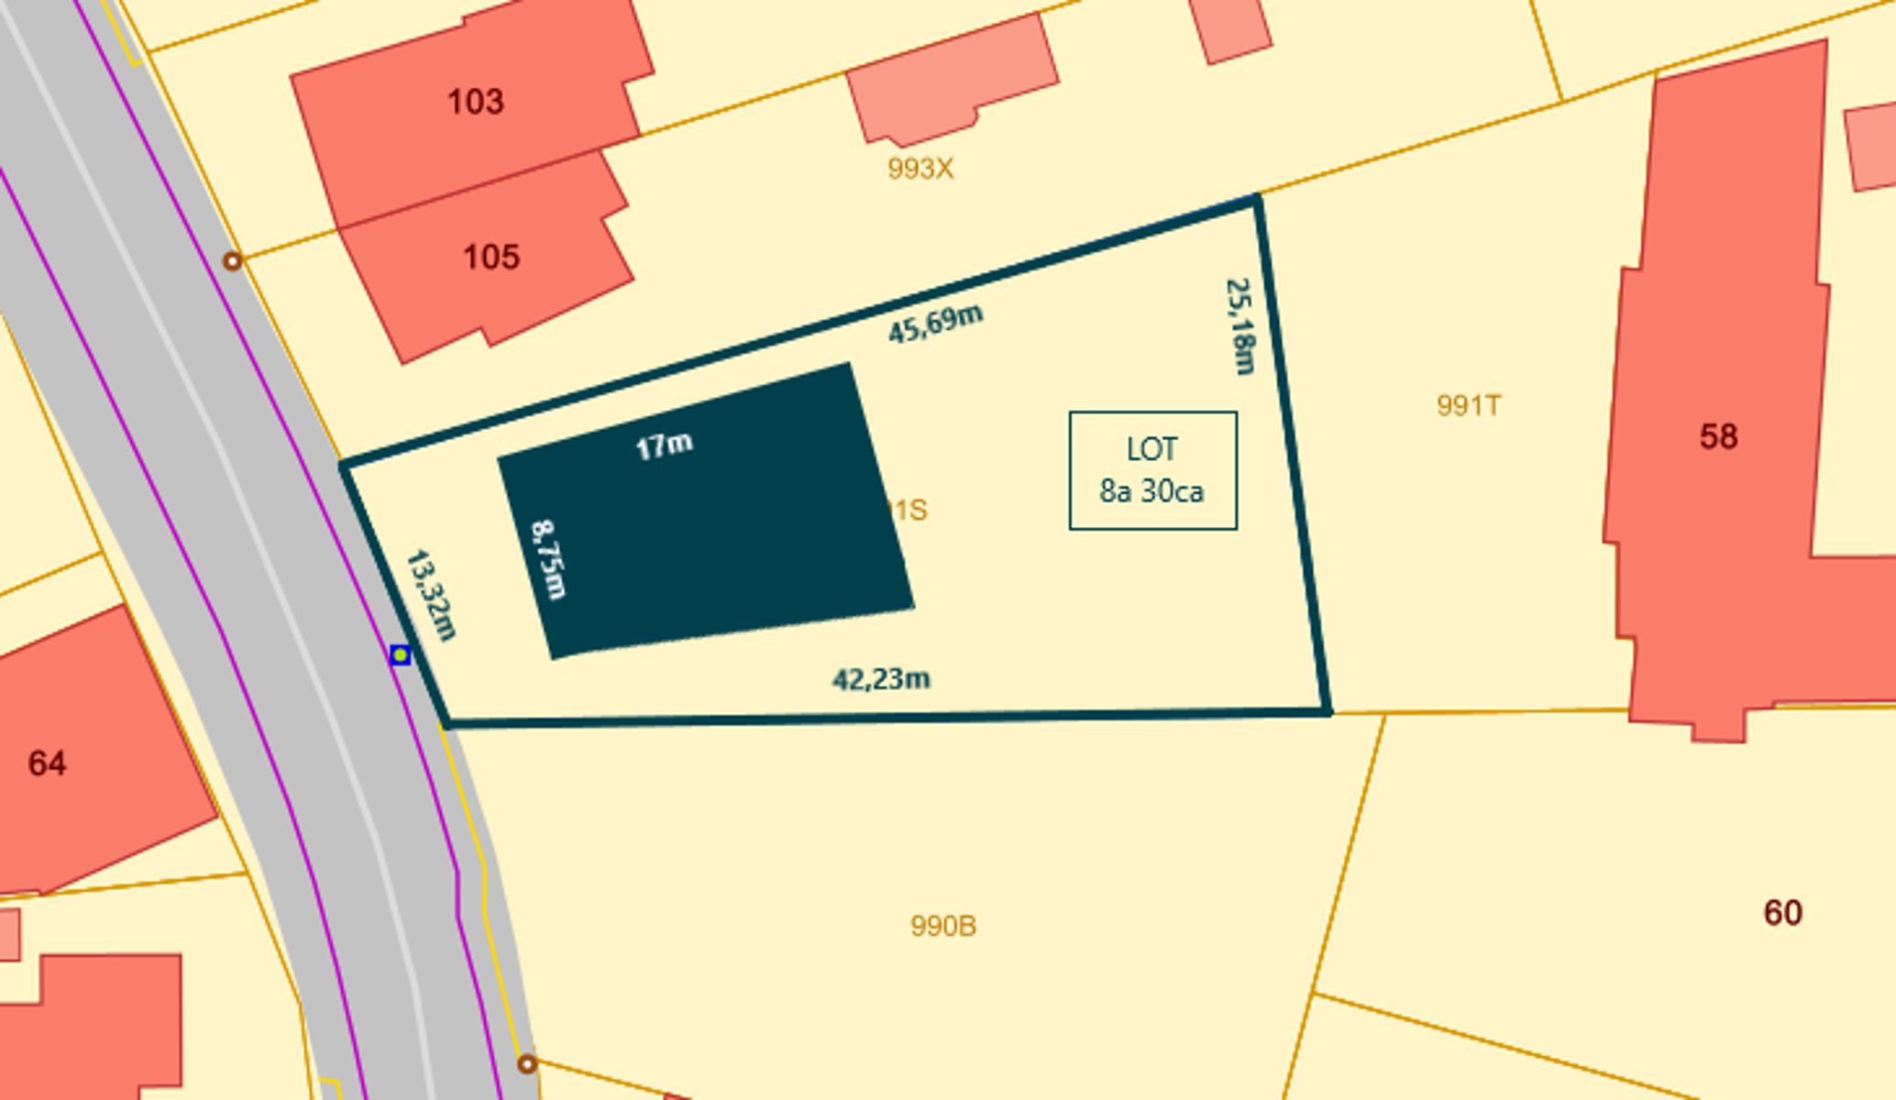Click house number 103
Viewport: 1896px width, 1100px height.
click(475, 101)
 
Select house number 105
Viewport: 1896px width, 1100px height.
click(491, 257)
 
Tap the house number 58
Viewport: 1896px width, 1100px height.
click(1718, 436)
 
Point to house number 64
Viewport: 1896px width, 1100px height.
click(47, 763)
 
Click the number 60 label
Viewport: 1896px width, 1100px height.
click(1782, 912)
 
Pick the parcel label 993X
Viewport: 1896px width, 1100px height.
click(920, 169)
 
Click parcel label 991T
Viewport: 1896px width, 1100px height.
click(1469, 405)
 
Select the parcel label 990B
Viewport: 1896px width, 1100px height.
click(942, 926)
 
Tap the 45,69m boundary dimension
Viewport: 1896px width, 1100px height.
click(935, 324)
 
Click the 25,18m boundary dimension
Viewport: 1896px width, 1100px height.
click(1240, 326)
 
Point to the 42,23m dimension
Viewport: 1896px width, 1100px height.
click(881, 679)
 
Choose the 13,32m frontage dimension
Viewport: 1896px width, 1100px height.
click(431, 595)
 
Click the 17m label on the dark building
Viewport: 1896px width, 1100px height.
click(664, 446)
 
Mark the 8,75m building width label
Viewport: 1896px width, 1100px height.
click(549, 559)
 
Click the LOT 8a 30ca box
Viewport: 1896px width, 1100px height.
click(1152, 470)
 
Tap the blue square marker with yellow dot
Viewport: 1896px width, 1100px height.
click(400, 654)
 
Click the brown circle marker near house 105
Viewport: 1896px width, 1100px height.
click(233, 261)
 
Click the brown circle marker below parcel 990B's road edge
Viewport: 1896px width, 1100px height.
click(526, 1064)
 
